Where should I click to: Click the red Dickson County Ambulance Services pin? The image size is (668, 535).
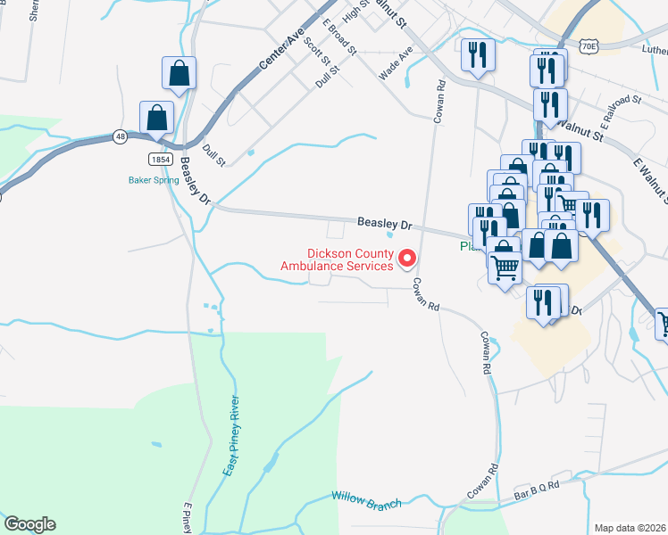tap(407, 259)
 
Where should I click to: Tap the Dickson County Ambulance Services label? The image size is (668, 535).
tap(337, 259)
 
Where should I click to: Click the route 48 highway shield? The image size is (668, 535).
tap(120, 137)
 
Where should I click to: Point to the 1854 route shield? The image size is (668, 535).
tap(160, 157)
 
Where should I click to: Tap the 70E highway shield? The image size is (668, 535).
tap(588, 44)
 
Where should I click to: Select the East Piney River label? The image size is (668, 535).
tap(231, 434)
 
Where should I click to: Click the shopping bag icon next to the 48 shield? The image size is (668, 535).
tap(157, 118)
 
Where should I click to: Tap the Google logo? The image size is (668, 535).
tap(29, 524)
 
